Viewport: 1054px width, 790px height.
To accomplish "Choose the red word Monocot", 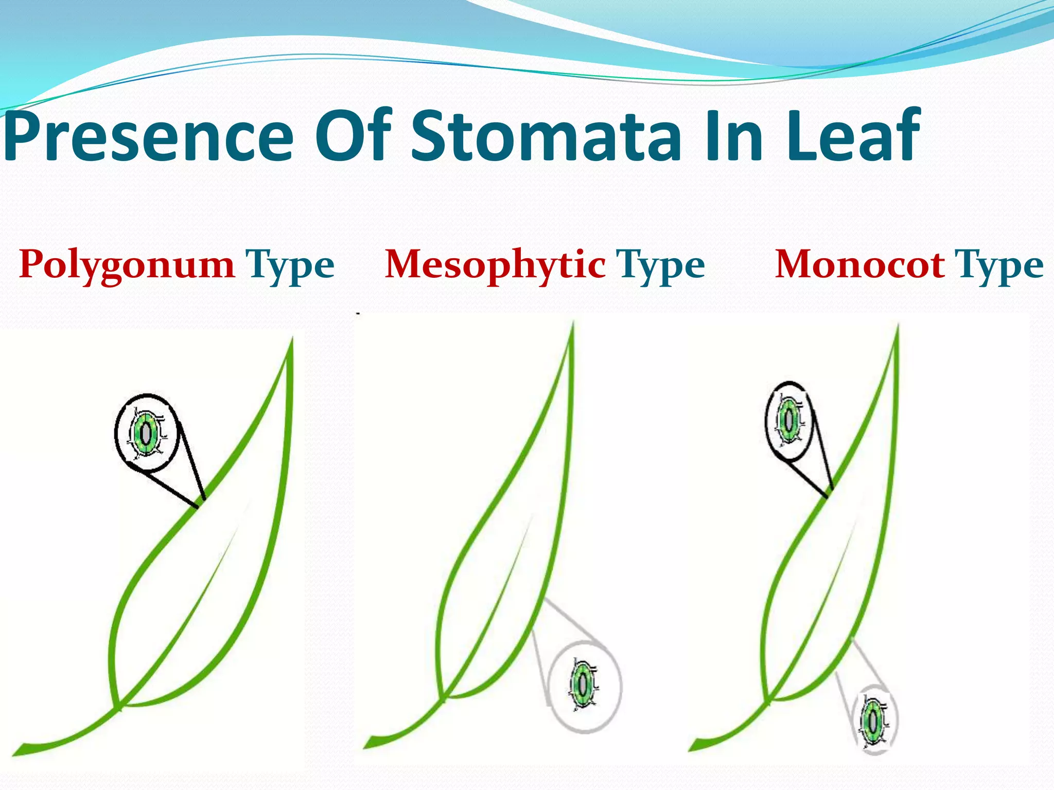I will click(859, 265).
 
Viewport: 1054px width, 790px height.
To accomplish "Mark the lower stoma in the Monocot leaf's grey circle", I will click(873, 721).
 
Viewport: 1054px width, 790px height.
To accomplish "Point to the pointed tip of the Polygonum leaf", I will click(292, 339).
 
